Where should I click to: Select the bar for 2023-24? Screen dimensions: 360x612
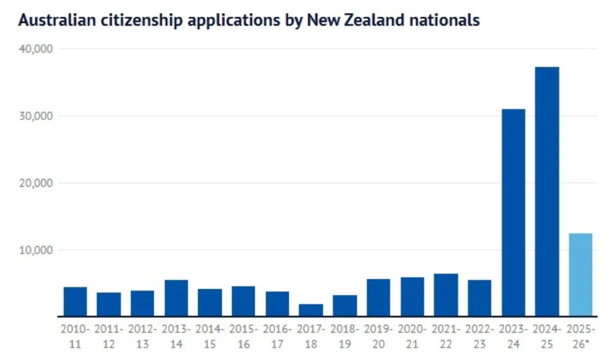coord(514,212)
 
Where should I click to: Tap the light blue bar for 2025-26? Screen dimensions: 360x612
coord(580,274)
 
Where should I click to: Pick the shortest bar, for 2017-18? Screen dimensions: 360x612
coord(311,310)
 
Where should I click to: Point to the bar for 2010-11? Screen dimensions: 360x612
coord(75,301)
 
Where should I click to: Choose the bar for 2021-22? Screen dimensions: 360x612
coord(446,295)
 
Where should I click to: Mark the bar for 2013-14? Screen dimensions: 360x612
coord(176,298)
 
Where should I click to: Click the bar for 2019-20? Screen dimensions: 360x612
coord(378,297)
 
